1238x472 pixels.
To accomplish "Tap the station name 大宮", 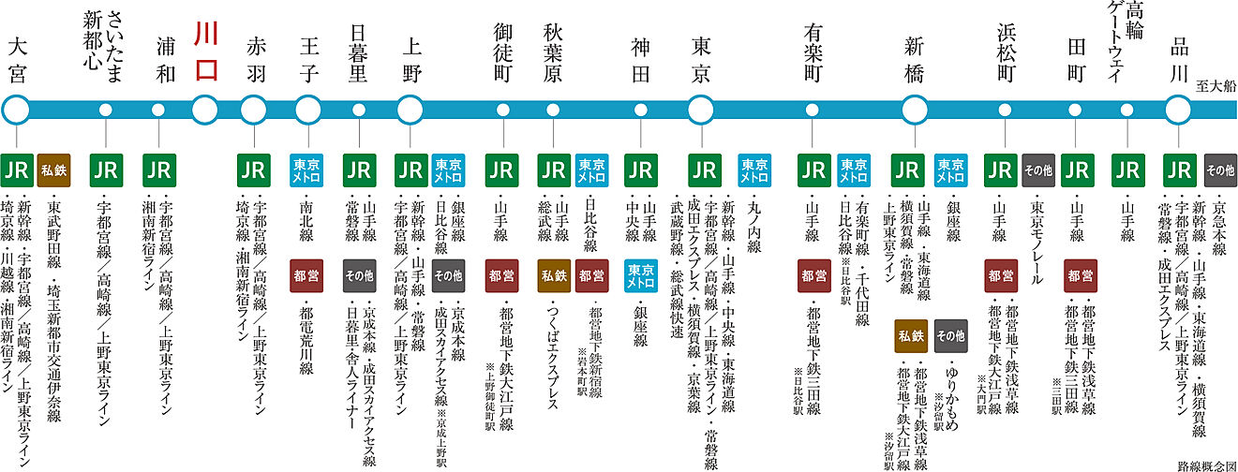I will (16, 62).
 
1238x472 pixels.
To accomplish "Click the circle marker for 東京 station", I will (701, 109).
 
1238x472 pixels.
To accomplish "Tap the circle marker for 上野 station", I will (410, 109).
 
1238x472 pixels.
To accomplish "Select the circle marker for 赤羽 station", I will (254, 109).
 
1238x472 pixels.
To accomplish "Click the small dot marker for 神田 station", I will (642, 110).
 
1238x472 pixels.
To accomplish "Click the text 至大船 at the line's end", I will (1216, 86).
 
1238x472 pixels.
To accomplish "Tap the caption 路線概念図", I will (1205, 464).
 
